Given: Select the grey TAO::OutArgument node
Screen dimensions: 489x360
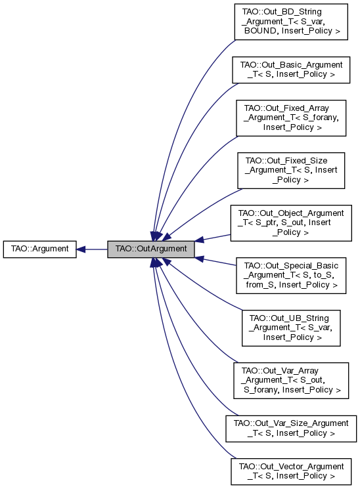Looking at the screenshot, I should pyautogui.click(x=151, y=249).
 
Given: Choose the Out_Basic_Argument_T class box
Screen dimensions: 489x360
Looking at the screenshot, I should pyautogui.click(x=292, y=70).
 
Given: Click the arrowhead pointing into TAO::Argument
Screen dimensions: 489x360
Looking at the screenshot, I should pyautogui.click(x=80, y=249).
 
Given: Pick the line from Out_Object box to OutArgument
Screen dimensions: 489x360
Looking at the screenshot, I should pyautogui.click(x=214, y=236).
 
